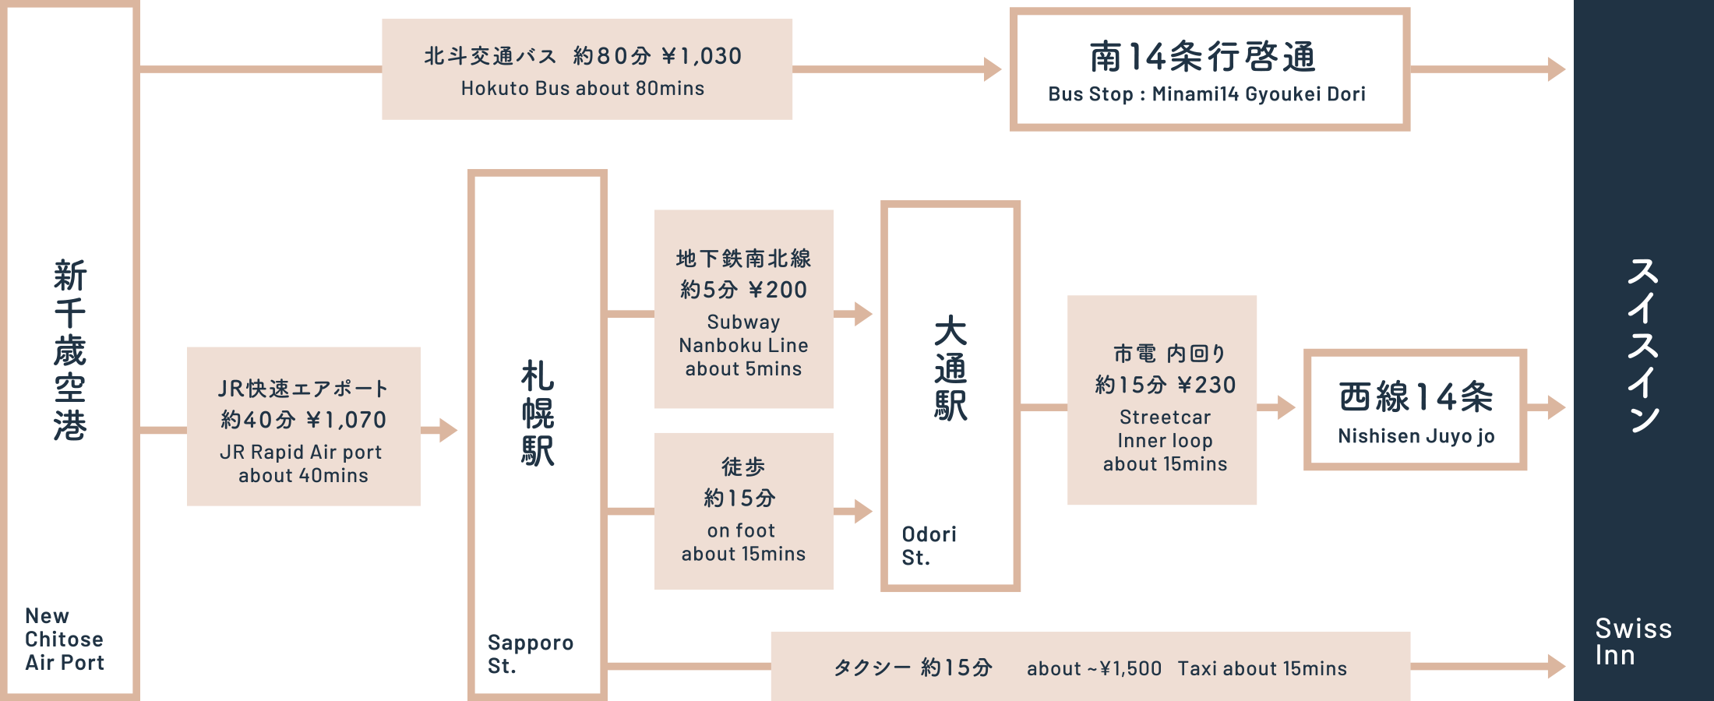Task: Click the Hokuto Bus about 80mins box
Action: click(x=587, y=69)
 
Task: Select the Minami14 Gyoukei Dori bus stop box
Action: click(x=1209, y=69)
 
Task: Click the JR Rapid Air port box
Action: click(x=303, y=427)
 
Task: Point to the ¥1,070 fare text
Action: click(x=346, y=421)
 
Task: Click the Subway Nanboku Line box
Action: click(x=743, y=309)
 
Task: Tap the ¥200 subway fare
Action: click(x=778, y=291)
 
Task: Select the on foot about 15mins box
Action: click(x=743, y=511)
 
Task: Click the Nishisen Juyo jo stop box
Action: click(x=1415, y=410)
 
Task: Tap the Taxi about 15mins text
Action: click(x=1262, y=669)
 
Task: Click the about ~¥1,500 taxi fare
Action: click(x=1094, y=669)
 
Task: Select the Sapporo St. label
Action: click(x=530, y=654)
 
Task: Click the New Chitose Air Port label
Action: click(x=64, y=639)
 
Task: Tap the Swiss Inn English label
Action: click(x=1633, y=642)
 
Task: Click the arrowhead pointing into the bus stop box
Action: click(x=993, y=69)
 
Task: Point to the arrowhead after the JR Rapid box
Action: click(x=448, y=430)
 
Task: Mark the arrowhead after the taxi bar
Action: click(x=1557, y=667)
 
